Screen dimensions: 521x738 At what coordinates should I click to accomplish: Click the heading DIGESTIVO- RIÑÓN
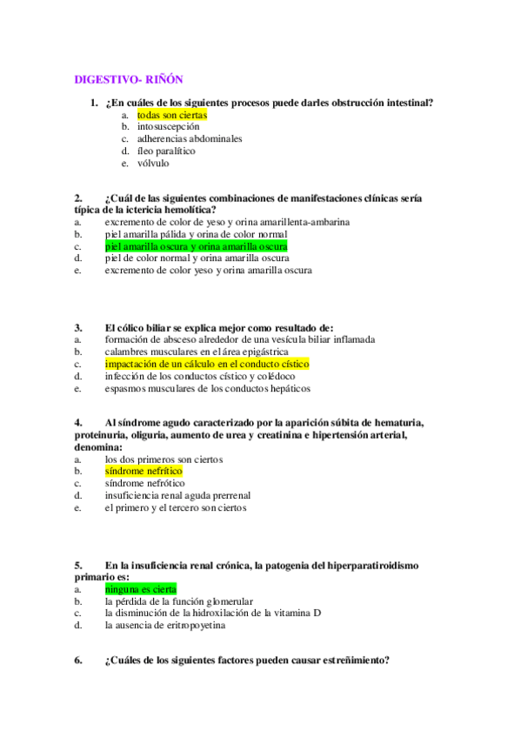128,79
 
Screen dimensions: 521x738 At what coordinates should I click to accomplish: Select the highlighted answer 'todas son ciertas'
172,114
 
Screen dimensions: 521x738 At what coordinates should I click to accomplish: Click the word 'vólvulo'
153,163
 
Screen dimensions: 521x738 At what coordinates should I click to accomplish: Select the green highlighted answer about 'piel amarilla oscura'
196,246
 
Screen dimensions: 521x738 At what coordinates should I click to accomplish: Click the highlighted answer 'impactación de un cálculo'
207,364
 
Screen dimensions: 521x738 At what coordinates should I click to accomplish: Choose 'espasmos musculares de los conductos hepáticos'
208,388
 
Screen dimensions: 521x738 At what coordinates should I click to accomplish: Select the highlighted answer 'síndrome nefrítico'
144,471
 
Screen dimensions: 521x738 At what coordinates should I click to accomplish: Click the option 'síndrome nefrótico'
144,483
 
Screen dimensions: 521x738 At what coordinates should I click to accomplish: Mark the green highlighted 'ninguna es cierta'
140,588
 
